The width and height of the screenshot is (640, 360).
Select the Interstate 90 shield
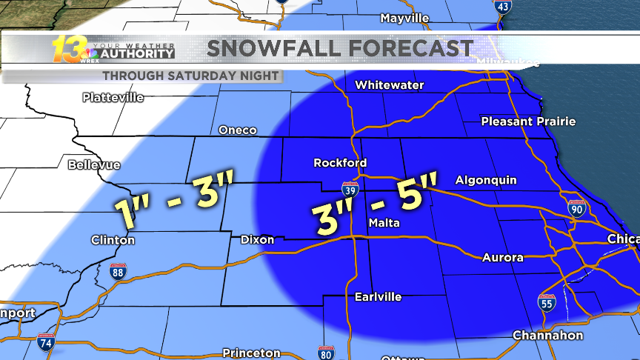tap(577, 208)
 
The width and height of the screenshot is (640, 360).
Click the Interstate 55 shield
tap(546, 302)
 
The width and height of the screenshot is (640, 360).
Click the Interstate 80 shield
tap(324, 353)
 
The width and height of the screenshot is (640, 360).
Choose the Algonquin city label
tap(486, 180)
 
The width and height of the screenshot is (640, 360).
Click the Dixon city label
tap(257, 239)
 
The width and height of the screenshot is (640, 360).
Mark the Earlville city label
tap(377, 296)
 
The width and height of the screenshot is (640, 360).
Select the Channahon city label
tap(547, 336)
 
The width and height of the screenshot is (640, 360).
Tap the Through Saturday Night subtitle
tap(190, 76)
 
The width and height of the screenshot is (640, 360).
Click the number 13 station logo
tap(67, 50)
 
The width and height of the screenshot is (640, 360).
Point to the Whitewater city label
tap(389, 85)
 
